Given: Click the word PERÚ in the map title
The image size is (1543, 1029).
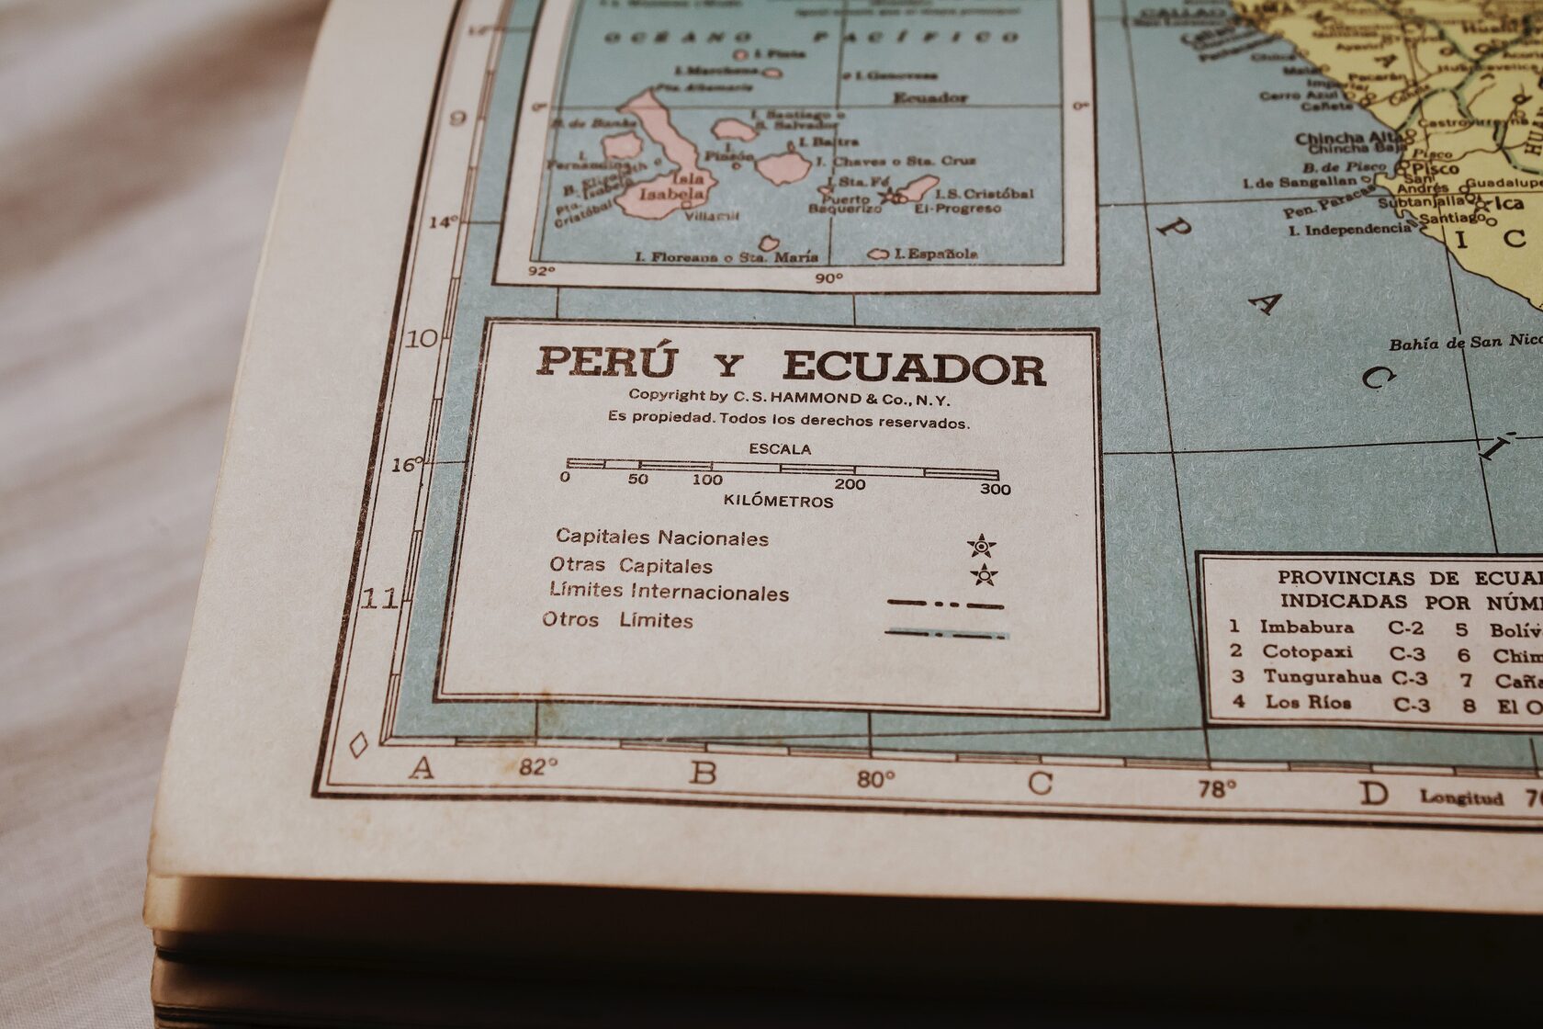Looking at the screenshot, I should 606,362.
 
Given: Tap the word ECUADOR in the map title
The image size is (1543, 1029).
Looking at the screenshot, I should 914,368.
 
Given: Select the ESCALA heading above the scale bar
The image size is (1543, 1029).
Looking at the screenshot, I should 780,449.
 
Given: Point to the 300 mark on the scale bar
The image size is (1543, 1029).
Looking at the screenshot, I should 995,489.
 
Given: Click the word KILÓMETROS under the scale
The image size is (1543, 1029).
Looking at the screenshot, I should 778,502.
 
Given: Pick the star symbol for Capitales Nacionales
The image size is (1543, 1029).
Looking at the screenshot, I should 982,547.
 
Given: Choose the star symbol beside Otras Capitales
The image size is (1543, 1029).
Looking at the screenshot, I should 984,576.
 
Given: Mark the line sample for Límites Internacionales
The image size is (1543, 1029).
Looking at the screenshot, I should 945,605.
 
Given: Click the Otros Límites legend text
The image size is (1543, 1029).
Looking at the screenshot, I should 617,620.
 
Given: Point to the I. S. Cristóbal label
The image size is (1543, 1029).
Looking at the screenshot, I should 984,194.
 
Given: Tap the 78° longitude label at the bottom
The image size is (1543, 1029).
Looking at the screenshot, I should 1217,788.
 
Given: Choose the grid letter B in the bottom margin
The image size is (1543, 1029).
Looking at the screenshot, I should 703,774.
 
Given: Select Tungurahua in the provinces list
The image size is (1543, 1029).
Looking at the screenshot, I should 1321,677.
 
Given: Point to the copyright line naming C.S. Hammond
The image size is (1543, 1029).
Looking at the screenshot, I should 789,398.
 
